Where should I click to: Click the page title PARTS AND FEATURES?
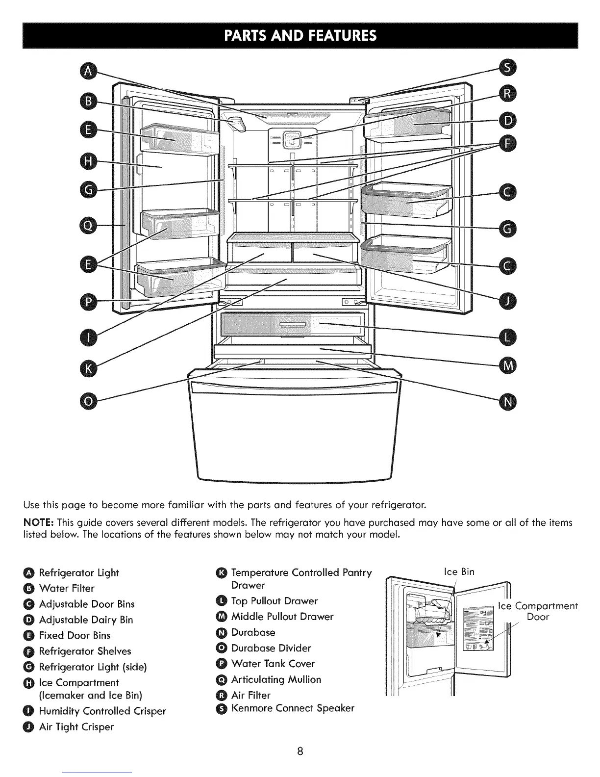click(300, 36)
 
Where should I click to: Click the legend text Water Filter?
click(66, 588)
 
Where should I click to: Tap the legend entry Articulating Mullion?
click(276, 679)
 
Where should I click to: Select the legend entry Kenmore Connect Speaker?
click(292, 708)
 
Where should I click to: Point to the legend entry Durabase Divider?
click(271, 648)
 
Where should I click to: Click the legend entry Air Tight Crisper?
click(76, 726)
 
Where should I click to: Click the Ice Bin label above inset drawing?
click(459, 571)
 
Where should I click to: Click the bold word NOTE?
click(35, 522)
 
